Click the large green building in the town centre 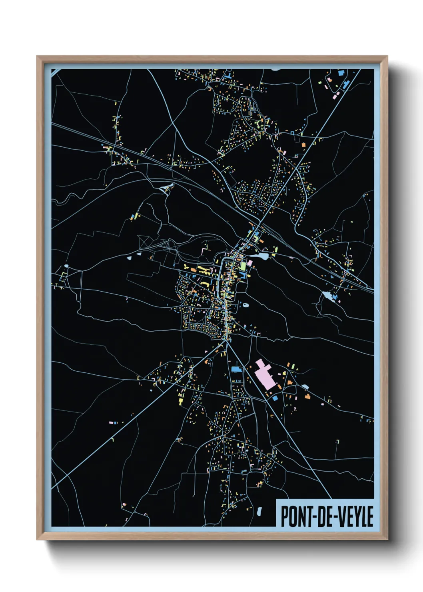click(243, 266)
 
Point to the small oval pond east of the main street click(245, 305)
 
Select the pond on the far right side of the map click(328, 296)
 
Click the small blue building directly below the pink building click(275, 398)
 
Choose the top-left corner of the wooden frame click(37, 56)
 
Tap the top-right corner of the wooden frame click(387, 56)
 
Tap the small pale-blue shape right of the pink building click(305, 387)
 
